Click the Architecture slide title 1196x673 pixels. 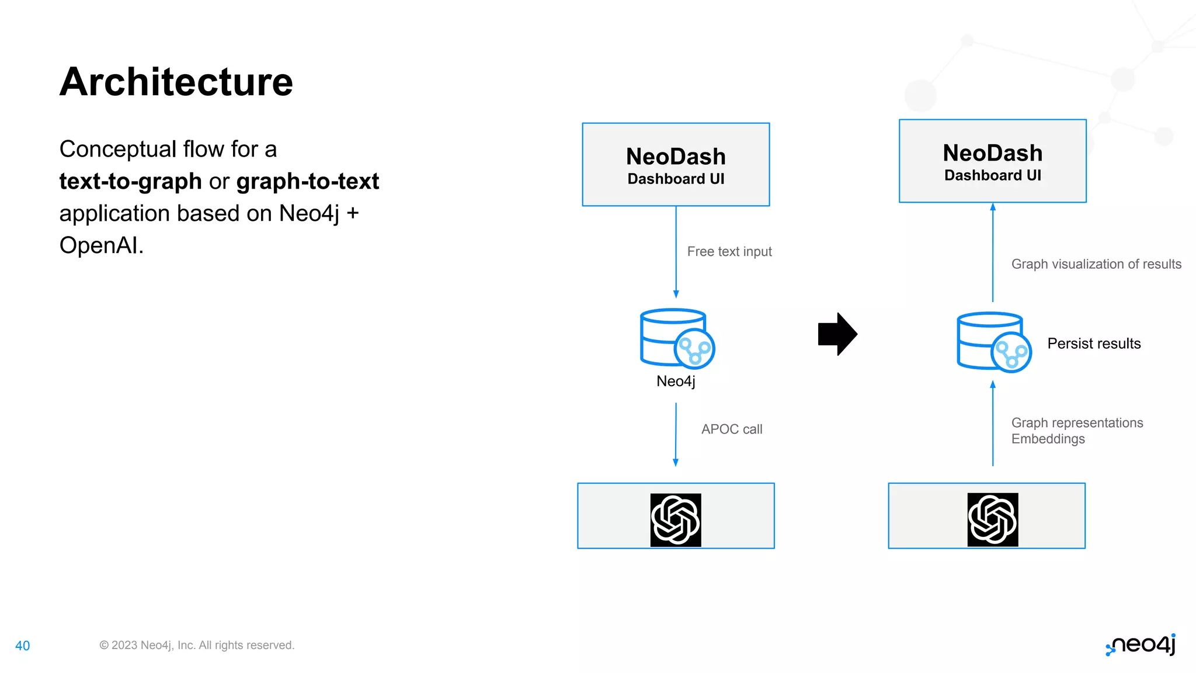[176, 82]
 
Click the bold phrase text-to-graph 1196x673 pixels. [130, 181]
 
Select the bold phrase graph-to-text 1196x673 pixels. [308, 181]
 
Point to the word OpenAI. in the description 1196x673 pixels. [101, 245]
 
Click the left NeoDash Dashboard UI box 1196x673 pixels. [676, 165]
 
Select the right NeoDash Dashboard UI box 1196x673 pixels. [992, 161]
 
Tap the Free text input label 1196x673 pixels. [729, 252]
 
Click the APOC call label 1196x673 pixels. [731, 429]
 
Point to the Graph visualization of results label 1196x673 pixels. [1096, 264]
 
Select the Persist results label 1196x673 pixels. [1093, 344]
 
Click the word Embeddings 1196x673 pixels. [1048, 439]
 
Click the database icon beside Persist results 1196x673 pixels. [993, 342]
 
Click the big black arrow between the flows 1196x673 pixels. [837, 334]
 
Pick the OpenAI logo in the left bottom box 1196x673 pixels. [676, 520]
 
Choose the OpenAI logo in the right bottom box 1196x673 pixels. [992, 519]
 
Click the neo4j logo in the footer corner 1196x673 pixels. [1141, 645]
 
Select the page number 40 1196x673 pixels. [22, 646]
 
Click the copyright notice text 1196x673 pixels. [197, 645]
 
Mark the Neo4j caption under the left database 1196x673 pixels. [676, 381]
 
